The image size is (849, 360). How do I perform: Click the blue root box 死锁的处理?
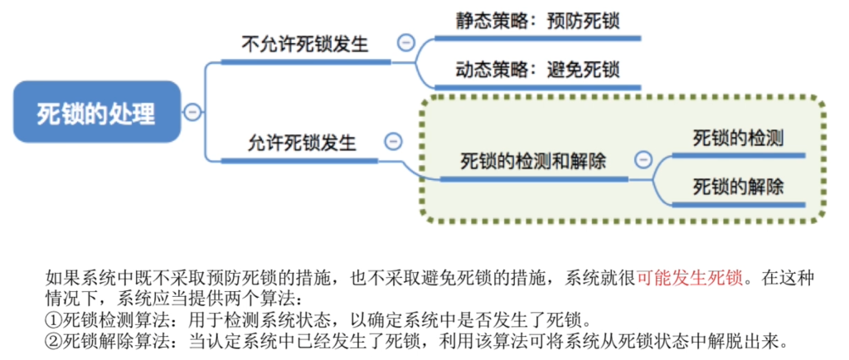pos(97,112)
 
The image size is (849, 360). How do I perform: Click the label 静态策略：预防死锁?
pos(537,21)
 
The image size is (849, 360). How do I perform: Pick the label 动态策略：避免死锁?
pos(537,70)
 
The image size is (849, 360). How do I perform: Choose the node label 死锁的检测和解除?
pos(533,161)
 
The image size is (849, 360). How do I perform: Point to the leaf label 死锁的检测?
pos(738,139)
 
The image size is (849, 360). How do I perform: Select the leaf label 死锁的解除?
pos(738,187)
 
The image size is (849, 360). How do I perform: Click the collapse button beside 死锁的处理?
pos(192,112)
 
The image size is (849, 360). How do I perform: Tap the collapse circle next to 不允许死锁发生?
pos(405,42)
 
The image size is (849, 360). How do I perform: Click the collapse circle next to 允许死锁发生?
pos(393,141)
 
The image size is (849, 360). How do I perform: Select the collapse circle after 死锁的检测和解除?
pos(643,159)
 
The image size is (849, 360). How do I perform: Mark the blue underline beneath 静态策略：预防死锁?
pos(537,38)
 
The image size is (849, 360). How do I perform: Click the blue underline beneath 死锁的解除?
pos(739,205)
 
